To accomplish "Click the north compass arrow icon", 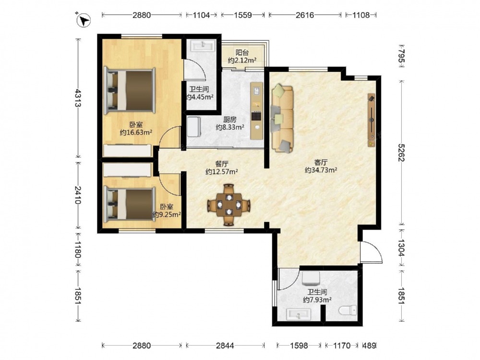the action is [83, 21].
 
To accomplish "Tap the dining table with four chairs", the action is [228, 205].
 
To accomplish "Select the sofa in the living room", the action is [282, 118].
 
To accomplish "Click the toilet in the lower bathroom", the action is [348, 311].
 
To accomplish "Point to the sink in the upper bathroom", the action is [203, 47].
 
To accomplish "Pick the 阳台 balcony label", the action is [242, 53].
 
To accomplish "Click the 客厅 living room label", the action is [321, 162].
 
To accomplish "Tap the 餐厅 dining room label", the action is [222, 164].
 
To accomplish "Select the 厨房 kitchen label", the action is [229, 120].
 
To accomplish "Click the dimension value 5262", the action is [401, 153].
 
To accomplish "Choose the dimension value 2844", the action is [225, 346].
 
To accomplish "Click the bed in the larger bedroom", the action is [129, 90].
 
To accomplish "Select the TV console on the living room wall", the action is [372, 120].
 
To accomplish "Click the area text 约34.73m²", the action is [321, 170].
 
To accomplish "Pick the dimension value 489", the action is [369, 346].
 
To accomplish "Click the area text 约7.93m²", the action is [317, 300].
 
